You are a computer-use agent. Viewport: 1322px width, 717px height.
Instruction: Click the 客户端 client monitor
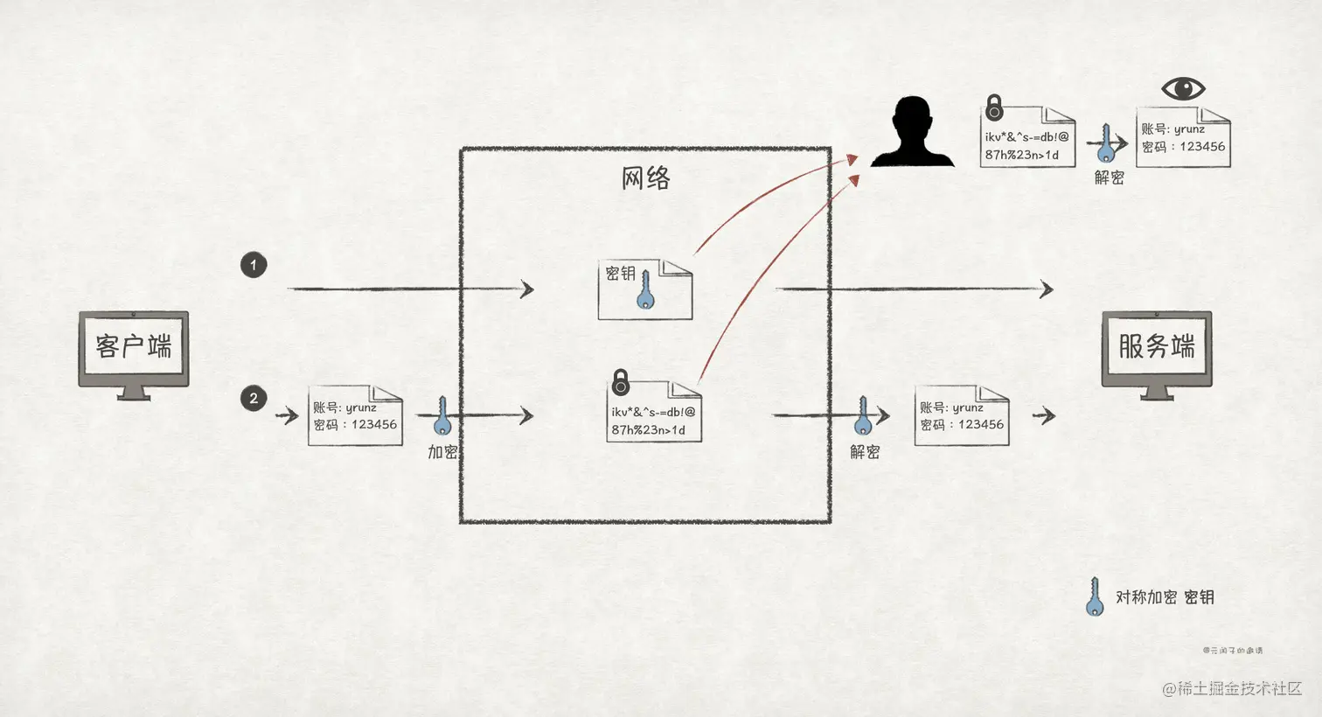tap(134, 350)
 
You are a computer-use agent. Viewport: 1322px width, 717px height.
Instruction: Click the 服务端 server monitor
tap(1156, 350)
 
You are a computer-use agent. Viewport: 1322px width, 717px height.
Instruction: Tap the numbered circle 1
tap(254, 265)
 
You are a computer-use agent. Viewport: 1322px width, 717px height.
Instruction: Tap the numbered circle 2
tap(254, 399)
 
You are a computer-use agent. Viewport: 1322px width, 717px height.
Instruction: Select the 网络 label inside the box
tap(645, 178)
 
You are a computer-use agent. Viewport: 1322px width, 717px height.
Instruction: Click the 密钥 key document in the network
tap(645, 289)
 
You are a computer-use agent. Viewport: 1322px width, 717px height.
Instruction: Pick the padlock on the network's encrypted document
tap(621, 381)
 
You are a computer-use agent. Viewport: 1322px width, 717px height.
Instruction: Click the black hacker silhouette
tap(912, 132)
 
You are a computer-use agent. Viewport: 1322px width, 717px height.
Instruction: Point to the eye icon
tap(1183, 88)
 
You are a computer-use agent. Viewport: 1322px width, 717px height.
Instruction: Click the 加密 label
tap(442, 452)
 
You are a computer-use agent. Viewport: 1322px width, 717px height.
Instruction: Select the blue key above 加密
tap(442, 416)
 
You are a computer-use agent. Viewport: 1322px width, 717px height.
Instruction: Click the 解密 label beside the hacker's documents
tap(1110, 178)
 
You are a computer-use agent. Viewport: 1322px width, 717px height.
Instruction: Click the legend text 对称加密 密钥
tap(1165, 597)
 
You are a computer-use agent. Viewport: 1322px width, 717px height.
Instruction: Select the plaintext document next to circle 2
tap(355, 416)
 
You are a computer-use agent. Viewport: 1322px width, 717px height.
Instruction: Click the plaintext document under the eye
tap(1183, 138)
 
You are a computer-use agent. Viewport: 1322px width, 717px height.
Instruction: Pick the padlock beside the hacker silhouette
tap(994, 108)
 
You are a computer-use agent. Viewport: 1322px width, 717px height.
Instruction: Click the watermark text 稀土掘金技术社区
tap(1238, 688)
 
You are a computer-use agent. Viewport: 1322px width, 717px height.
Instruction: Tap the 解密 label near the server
tap(865, 452)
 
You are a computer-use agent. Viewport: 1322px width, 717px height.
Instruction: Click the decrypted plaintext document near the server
tap(962, 416)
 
